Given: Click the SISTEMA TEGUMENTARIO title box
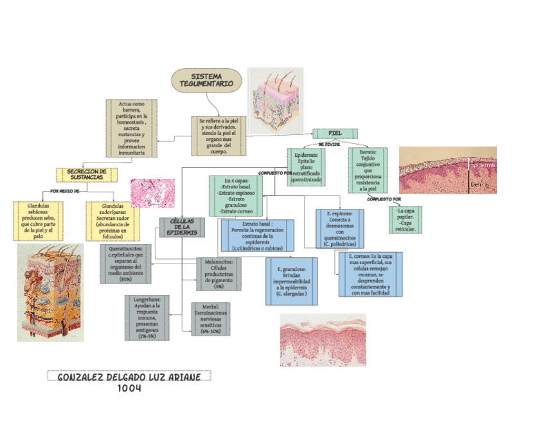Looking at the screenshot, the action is click(x=206, y=80).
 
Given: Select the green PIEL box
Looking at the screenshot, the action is click(x=334, y=133).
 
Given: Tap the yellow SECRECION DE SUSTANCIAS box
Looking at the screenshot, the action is click(x=87, y=174).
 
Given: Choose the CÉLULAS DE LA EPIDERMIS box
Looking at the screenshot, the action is click(x=181, y=227).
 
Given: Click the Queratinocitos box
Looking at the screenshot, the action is click(x=125, y=263).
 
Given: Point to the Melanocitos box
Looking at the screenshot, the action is click(x=219, y=273).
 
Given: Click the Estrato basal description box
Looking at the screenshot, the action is click(x=257, y=235).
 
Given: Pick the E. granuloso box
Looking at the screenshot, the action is click(x=291, y=281).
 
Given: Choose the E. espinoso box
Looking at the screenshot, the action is click(x=339, y=229).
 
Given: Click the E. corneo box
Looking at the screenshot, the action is click(x=370, y=274).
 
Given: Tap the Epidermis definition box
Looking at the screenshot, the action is click(x=306, y=166).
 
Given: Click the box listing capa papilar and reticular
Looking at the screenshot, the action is click(x=405, y=220).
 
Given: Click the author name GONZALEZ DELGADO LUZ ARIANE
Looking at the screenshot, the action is click(x=129, y=376).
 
